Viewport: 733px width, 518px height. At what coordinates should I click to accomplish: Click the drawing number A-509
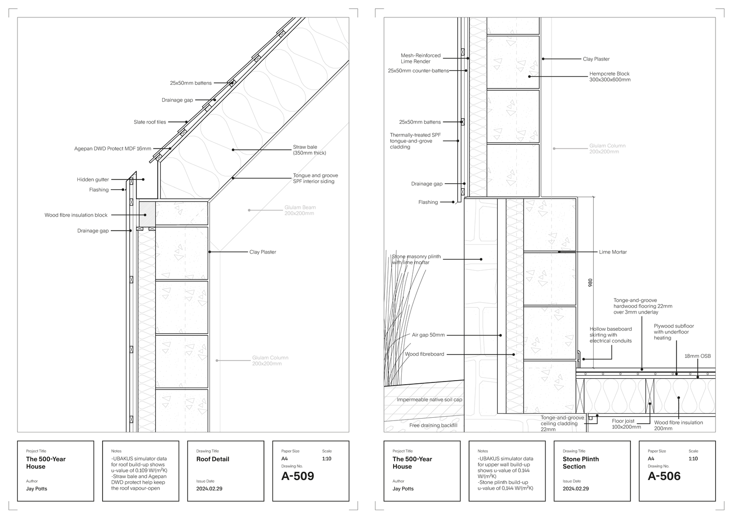coord(297,476)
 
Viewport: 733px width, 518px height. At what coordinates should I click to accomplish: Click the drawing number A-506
coord(664,476)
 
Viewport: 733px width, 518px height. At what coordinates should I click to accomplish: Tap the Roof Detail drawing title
coord(213,459)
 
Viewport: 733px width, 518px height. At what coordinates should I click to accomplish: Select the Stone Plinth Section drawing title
coord(581,463)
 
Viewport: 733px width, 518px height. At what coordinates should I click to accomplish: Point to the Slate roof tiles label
coord(150,122)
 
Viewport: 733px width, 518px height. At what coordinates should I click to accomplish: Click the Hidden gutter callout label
coord(93,180)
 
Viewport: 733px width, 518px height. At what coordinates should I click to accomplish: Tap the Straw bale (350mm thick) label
coord(310,150)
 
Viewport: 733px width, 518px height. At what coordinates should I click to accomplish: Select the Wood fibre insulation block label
coord(76,215)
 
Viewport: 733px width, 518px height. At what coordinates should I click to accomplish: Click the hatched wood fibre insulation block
coord(147,213)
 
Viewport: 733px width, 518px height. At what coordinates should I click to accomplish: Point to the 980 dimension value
coord(591,283)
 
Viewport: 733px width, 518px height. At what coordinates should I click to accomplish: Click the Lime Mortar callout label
coord(613,252)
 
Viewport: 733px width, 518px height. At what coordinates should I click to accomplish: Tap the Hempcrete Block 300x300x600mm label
coord(610,76)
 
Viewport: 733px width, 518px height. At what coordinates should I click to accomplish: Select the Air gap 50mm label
coord(428,335)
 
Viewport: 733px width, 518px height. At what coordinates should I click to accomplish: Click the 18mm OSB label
coord(698,356)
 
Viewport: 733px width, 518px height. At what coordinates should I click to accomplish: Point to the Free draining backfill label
coord(433,425)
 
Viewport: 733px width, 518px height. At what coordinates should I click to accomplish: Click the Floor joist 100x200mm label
coord(626,424)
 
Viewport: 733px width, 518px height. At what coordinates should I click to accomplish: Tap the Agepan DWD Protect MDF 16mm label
coord(113,148)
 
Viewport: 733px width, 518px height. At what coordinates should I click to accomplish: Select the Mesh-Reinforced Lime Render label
coord(421,58)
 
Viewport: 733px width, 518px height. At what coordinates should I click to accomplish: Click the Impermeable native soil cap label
coord(429,399)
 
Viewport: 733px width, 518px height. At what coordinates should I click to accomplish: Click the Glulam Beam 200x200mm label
coord(300,210)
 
